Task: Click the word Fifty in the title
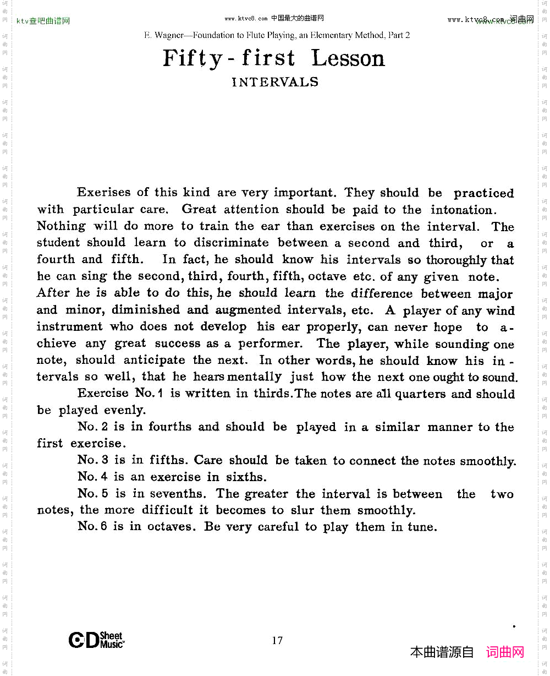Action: [192, 58]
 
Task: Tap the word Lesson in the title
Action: [349, 58]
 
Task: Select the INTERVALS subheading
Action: [275, 82]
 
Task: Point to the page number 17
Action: [277, 640]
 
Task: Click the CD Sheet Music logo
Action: [96, 640]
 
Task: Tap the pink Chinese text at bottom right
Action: [505, 652]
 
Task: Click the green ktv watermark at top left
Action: [43, 21]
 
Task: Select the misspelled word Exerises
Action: [105, 192]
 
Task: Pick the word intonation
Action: [464, 210]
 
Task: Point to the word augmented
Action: [248, 310]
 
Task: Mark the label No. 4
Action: [92, 477]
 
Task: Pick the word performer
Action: [269, 344]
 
